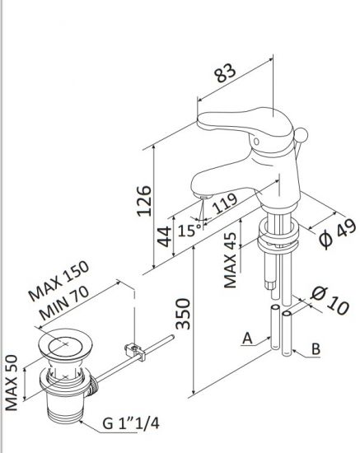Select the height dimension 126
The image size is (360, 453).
(143, 200)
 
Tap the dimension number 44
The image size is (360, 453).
(166, 240)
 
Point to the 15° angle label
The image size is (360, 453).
(188, 231)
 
